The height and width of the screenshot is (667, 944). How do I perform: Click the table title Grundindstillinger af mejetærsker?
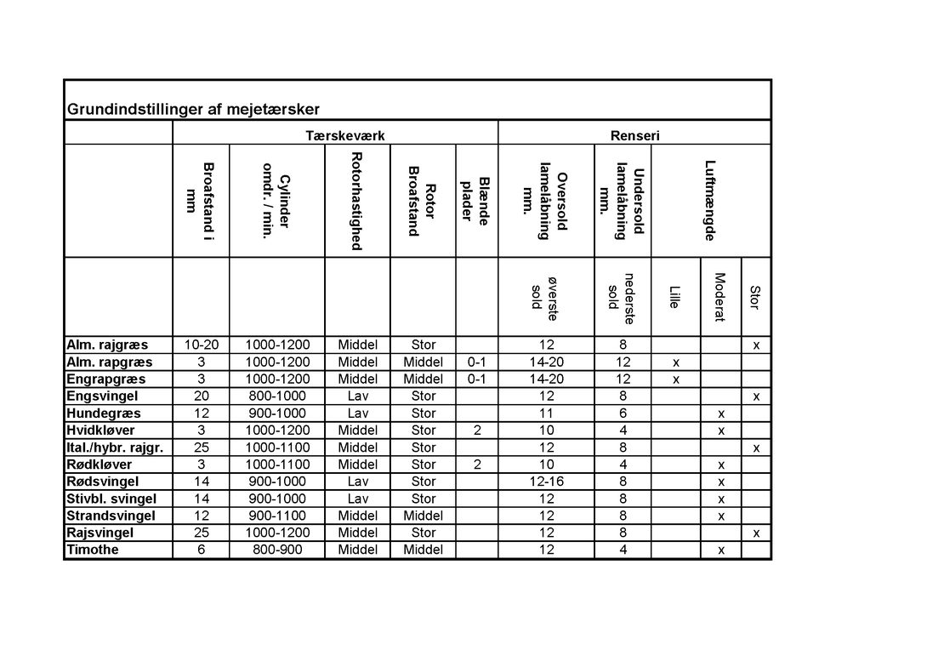193,110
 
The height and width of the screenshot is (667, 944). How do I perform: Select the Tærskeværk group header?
334,135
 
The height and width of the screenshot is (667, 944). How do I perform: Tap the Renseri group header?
634,135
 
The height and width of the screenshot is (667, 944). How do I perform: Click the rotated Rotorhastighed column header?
357,202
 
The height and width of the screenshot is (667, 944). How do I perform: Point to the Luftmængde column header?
711,201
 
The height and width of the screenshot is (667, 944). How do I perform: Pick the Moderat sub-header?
719,297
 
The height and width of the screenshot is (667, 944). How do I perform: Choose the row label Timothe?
93,550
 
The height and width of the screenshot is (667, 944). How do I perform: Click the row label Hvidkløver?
100,430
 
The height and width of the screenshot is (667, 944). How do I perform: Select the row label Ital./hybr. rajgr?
115,448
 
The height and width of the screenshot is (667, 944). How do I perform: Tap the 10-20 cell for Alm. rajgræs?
202,345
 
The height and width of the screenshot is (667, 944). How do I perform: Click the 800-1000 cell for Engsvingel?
277,396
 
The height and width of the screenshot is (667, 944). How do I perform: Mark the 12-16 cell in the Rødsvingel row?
546,482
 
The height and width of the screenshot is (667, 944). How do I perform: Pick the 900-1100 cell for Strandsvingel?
277,516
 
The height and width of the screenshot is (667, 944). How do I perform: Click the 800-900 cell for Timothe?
277,550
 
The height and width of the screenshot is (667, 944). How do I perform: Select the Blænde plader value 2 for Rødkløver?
477,465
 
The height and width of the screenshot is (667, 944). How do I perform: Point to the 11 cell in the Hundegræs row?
546,413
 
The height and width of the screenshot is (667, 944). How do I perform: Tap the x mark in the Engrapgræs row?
676,379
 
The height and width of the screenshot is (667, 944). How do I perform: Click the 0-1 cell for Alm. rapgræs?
477,362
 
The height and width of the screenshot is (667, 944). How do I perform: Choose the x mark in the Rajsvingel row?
756,533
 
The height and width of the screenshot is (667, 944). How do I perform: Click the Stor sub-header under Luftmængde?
755,297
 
